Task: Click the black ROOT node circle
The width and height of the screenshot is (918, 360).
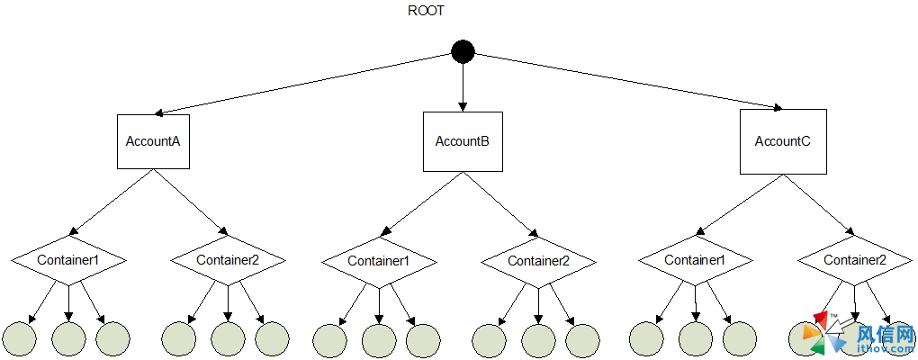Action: click(463, 53)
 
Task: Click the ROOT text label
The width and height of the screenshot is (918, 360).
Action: click(427, 12)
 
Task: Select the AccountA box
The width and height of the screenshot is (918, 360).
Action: click(153, 141)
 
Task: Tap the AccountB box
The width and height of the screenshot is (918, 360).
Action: click(463, 141)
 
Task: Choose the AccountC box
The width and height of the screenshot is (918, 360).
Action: click(782, 141)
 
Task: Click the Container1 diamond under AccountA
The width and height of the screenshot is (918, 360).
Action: click(68, 260)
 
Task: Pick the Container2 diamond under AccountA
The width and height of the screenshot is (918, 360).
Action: click(228, 260)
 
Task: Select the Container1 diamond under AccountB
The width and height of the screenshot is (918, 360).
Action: click(379, 261)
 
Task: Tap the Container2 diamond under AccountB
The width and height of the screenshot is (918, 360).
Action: click(538, 261)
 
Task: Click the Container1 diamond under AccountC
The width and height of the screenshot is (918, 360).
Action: click(695, 260)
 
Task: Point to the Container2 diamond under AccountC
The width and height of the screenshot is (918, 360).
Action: click(855, 260)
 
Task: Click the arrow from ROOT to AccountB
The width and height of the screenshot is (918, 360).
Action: click(463, 86)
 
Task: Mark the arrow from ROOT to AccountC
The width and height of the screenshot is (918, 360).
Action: click(621, 83)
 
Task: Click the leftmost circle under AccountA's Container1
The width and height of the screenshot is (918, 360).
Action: click(20, 338)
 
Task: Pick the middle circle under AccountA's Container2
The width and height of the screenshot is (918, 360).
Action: click(228, 338)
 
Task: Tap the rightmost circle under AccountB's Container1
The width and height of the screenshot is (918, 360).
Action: click(422, 339)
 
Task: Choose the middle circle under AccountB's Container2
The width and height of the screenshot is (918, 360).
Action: click(538, 339)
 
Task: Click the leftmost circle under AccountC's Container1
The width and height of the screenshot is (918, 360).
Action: click(646, 338)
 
